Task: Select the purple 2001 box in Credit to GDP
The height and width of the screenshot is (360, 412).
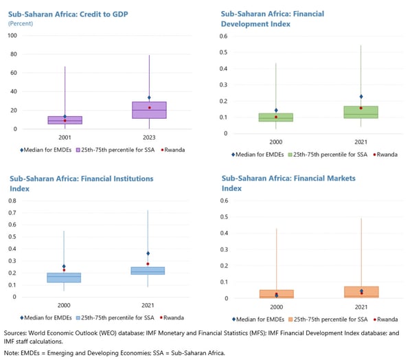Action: [65, 120]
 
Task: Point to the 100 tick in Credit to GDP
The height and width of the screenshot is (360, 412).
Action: [12, 35]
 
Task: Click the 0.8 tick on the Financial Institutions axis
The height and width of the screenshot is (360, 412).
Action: [12, 201]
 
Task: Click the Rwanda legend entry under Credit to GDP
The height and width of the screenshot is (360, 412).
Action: [172, 149]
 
